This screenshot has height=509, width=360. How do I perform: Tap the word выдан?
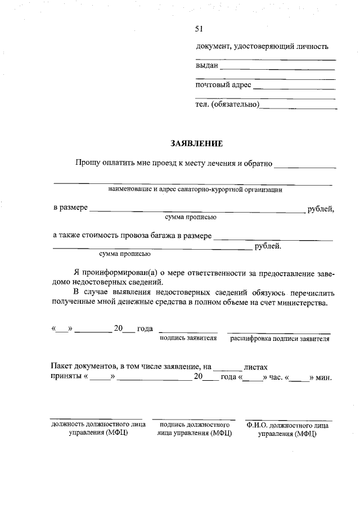click(206, 66)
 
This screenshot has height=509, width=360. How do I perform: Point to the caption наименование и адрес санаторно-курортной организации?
click(195, 190)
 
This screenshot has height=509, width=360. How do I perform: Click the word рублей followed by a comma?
click(321, 209)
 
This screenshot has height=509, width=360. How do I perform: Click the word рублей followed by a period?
click(268, 246)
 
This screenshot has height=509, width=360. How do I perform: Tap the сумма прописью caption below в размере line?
click(191, 217)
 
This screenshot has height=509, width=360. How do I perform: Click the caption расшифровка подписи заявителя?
click(280, 339)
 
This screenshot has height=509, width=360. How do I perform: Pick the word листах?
click(256, 366)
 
